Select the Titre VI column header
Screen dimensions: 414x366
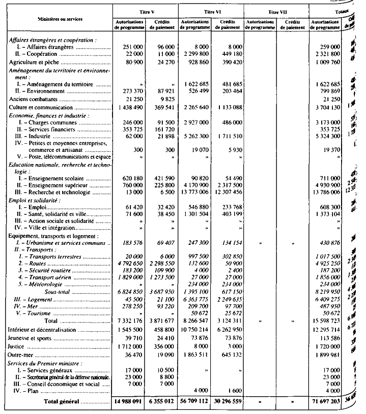[211, 11]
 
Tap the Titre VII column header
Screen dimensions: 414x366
[276, 11]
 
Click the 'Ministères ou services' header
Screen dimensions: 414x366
[60, 19]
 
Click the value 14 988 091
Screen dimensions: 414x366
[130, 401]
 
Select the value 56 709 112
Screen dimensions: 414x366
[195, 401]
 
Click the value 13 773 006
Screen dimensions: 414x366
[195, 193]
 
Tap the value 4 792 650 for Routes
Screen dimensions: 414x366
[130, 264]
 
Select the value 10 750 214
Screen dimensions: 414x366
[195, 329]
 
